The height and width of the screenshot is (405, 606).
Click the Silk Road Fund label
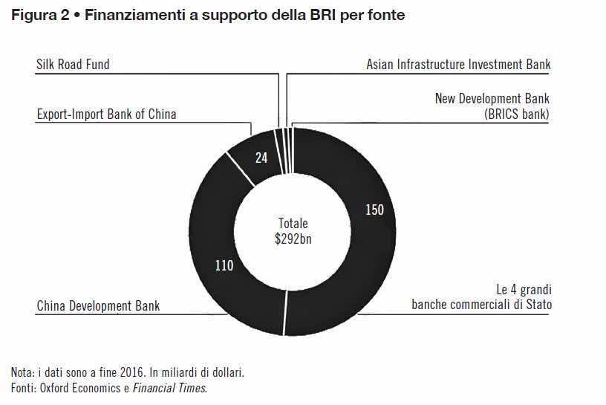click(73, 65)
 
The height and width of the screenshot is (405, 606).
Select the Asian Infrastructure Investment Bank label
click(458, 65)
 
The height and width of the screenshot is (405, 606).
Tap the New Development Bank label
click(492, 99)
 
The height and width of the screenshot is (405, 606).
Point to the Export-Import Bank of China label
click(106, 114)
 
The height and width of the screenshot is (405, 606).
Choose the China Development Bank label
click(98, 305)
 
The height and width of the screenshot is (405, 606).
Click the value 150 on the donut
click(374, 210)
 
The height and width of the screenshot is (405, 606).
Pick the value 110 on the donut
click(224, 265)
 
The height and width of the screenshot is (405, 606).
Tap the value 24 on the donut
click(261, 158)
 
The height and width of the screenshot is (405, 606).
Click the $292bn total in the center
click(293, 238)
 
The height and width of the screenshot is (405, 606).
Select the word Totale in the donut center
click(293, 223)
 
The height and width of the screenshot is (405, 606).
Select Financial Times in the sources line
click(177, 387)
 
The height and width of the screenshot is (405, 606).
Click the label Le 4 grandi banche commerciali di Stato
click(481, 297)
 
